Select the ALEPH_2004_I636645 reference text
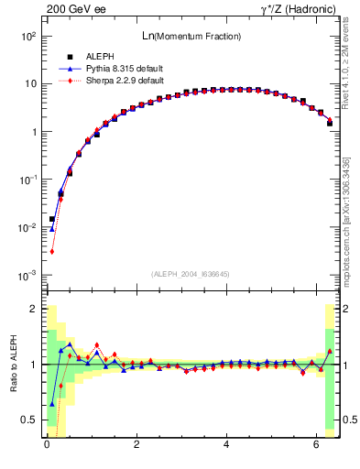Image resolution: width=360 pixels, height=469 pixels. (x=191, y=273)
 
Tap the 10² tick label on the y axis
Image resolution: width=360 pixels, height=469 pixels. (x=28, y=36)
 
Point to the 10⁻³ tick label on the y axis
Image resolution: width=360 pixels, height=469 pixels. (x=28, y=276)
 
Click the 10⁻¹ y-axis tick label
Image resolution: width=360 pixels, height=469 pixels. (x=28, y=180)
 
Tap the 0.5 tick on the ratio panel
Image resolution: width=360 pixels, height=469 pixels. (x=29, y=420)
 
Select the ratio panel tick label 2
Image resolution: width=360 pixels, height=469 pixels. (x=34, y=309)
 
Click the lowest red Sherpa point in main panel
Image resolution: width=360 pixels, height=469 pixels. (x=52, y=251)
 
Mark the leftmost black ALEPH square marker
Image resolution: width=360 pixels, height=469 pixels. (x=52, y=219)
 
